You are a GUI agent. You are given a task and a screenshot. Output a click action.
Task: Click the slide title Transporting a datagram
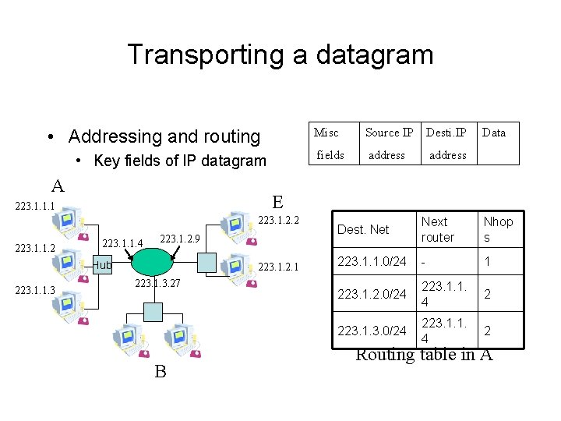pyautogui.click(x=280, y=55)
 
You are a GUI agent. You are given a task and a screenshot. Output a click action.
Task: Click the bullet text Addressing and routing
pyautogui.click(x=164, y=136)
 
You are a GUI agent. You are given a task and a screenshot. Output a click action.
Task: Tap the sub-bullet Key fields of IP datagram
pyautogui.click(x=179, y=161)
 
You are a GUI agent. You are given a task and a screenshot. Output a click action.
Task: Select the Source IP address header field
pyautogui.click(x=388, y=143)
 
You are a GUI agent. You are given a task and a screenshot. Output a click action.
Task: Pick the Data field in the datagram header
pyautogui.click(x=494, y=133)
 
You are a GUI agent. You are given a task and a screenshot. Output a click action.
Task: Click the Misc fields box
pyautogui.click(x=329, y=143)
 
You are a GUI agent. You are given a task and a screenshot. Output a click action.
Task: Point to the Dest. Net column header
pyautogui.click(x=363, y=229)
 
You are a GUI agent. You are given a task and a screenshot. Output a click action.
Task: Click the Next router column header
pyautogui.click(x=437, y=229)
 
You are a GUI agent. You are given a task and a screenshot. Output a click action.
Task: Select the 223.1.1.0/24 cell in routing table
pyautogui.click(x=372, y=262)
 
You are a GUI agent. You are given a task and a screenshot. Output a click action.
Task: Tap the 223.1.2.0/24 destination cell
pyautogui.click(x=372, y=294)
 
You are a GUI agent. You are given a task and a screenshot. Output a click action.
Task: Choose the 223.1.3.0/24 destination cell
pyautogui.click(x=372, y=331)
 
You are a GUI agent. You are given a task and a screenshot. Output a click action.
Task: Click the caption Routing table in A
pyautogui.click(x=424, y=356)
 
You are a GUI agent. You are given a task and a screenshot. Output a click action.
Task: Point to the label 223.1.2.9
pyautogui.click(x=180, y=238)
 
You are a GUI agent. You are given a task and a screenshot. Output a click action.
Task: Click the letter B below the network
pyautogui.click(x=160, y=371)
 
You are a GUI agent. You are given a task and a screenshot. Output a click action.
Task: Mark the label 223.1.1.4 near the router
pyautogui.click(x=123, y=244)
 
